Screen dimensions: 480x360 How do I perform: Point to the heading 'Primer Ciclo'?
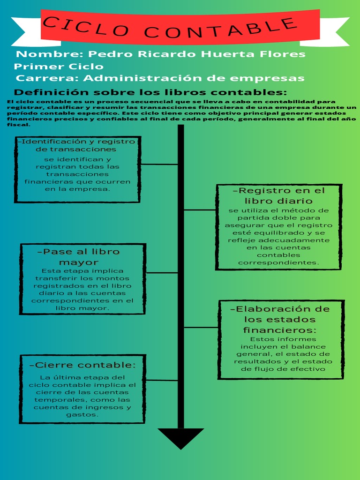point(59,66)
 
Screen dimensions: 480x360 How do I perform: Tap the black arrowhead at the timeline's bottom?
point(180,437)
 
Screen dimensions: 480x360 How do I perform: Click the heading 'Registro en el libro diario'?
point(278,195)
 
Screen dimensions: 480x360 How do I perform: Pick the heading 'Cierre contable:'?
point(82,365)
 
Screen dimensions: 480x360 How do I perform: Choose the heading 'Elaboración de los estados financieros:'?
point(280,319)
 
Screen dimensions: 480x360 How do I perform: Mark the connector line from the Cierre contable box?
point(161,380)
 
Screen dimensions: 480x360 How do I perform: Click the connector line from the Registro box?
point(200,210)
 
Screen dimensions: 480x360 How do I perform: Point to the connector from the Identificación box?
point(159,165)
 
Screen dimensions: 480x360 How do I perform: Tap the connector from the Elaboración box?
point(201,327)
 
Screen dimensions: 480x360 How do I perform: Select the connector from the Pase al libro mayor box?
point(162,272)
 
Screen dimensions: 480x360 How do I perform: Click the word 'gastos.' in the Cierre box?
point(82,415)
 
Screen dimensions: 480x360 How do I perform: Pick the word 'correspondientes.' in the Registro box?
point(278,262)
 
